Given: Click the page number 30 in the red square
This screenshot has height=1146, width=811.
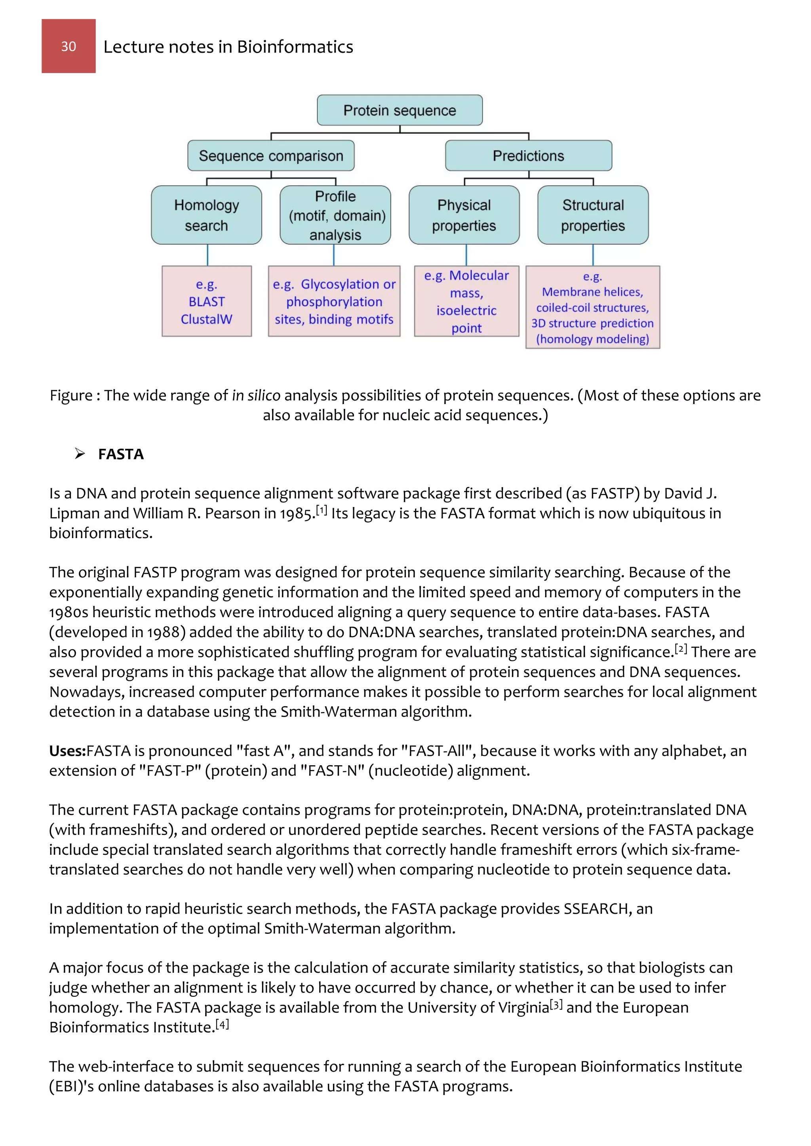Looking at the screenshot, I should tap(69, 46).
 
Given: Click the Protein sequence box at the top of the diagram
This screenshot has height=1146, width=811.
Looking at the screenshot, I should tap(400, 110).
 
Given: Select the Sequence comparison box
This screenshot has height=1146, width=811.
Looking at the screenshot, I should tap(271, 156).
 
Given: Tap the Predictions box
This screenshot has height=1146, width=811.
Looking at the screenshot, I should tap(528, 156).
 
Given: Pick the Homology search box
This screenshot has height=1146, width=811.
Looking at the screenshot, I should tap(206, 215).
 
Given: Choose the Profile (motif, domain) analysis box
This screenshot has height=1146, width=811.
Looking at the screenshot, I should tap(335, 215).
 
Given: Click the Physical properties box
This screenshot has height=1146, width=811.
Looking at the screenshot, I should tap(464, 215).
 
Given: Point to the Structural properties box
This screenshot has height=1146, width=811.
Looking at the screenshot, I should tap(593, 215).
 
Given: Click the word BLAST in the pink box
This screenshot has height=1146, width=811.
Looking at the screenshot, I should tap(206, 302).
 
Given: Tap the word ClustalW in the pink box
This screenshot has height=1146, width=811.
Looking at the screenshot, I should tap(206, 319).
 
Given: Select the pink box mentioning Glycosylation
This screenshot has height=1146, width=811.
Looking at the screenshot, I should tap(334, 302).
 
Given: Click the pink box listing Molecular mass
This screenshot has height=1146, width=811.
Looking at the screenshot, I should tap(466, 302).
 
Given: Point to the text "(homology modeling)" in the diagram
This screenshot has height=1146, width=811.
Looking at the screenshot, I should tap(592, 340).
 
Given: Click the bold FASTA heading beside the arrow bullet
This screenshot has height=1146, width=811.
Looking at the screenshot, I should tap(121, 454).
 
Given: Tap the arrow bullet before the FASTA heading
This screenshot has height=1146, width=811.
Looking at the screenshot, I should tap(80, 454).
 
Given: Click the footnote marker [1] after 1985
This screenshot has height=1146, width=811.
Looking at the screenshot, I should tap(322, 510).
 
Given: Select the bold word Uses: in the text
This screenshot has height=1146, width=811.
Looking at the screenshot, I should tap(67, 751).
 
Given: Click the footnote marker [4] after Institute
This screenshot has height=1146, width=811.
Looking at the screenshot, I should tap(222, 1024).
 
